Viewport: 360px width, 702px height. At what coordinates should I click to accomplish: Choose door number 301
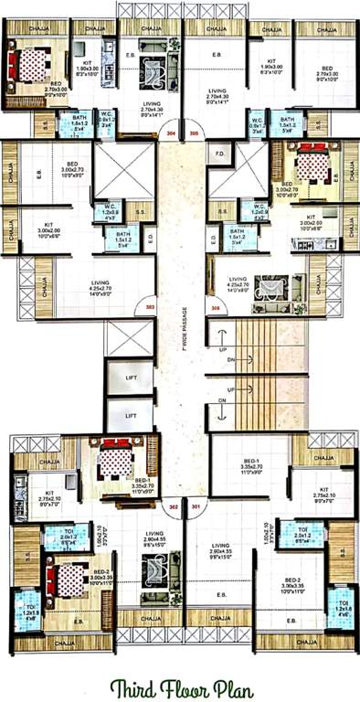194,505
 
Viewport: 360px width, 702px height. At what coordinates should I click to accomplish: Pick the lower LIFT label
131,416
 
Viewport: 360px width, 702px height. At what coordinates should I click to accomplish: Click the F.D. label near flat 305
219,154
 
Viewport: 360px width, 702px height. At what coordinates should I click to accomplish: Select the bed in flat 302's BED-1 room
114,459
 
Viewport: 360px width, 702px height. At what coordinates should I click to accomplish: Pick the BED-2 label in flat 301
292,580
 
